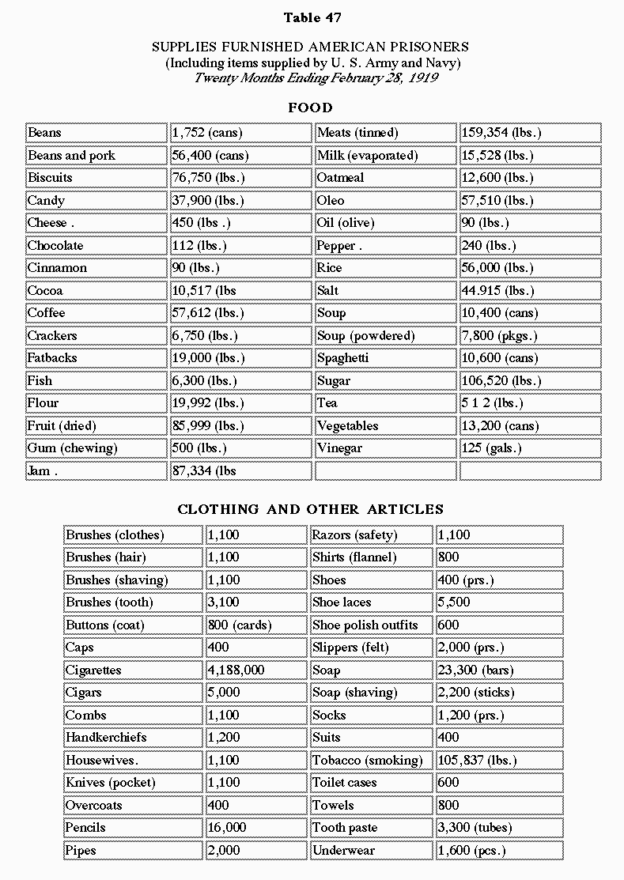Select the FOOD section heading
pos(311,108)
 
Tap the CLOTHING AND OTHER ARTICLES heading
pos(311,509)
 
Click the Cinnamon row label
pos(57,268)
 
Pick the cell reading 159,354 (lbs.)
pos(501,133)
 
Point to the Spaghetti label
pos(342,358)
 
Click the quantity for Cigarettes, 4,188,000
pos(236,670)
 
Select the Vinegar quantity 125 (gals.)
pos(491,448)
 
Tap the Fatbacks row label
pos(52,358)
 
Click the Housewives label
pos(101,761)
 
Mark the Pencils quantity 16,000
pos(227,828)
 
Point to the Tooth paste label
pos(345,828)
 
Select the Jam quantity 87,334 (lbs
pos(204,471)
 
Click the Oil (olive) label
pos(346,223)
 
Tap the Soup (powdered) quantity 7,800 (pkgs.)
pos(499,336)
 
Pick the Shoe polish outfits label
pos(365,625)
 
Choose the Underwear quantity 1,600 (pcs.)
pos(471,851)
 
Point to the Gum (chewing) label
pos(72,448)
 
